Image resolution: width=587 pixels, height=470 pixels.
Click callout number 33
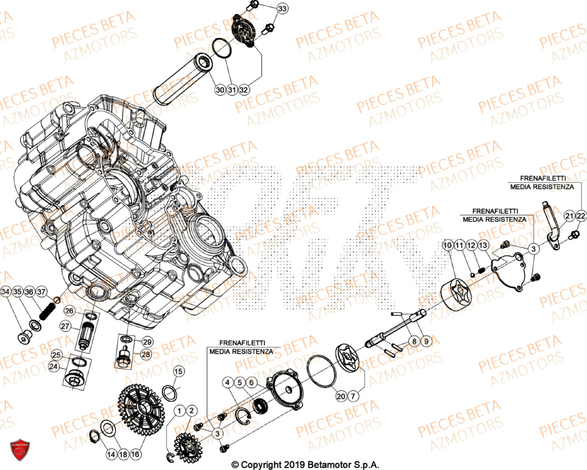click(x=282, y=9)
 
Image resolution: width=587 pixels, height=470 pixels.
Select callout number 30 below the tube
click(x=220, y=90)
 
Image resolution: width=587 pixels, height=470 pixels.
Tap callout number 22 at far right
click(x=581, y=217)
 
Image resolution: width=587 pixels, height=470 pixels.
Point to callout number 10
click(x=448, y=244)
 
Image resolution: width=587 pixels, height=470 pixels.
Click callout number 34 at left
click(x=6, y=292)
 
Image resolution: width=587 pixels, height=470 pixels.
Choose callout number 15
click(x=178, y=371)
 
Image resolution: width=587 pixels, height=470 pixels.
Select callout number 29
click(x=147, y=342)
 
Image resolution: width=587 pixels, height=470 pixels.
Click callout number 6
click(x=251, y=383)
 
